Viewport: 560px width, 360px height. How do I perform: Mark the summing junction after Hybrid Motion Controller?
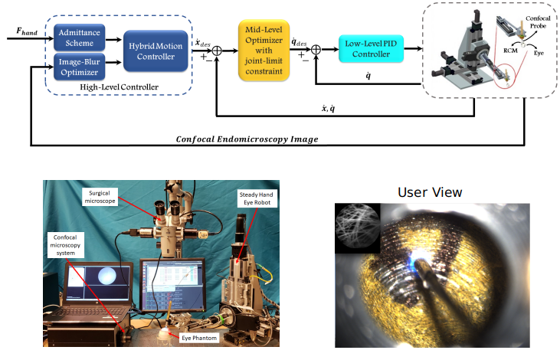coord(216,51)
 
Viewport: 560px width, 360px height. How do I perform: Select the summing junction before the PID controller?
coord(316,51)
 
